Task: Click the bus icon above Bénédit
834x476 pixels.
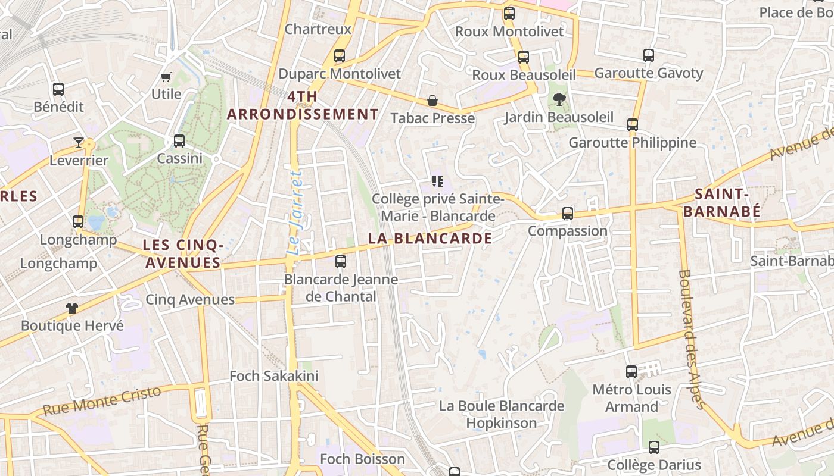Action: [58, 89]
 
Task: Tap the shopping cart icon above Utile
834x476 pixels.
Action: [166, 77]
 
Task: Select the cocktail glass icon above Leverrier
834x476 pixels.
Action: [79, 142]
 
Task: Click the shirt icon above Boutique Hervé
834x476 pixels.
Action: [72, 308]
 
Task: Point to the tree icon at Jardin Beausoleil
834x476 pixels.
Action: [559, 99]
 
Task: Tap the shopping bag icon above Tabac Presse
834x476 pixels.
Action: [432, 101]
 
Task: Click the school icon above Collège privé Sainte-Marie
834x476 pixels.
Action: [438, 181]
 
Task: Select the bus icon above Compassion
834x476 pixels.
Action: [568, 213]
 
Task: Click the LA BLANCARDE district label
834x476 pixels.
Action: [430, 239]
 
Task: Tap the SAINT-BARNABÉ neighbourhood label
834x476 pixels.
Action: [721, 202]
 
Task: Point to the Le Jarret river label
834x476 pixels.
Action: [295, 213]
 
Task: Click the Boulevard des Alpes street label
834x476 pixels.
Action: [692, 339]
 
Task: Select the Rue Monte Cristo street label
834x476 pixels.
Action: [102, 401]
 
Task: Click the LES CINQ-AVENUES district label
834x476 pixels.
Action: [182, 253]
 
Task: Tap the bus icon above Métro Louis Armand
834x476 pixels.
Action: [631, 372]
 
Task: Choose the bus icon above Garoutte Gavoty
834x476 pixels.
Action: [649, 55]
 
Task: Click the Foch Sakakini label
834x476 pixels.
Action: [274, 376]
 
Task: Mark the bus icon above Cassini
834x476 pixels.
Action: [179, 141]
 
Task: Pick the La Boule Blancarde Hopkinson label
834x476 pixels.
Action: [502, 415]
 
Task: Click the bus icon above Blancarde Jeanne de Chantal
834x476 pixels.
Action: [341, 261]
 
